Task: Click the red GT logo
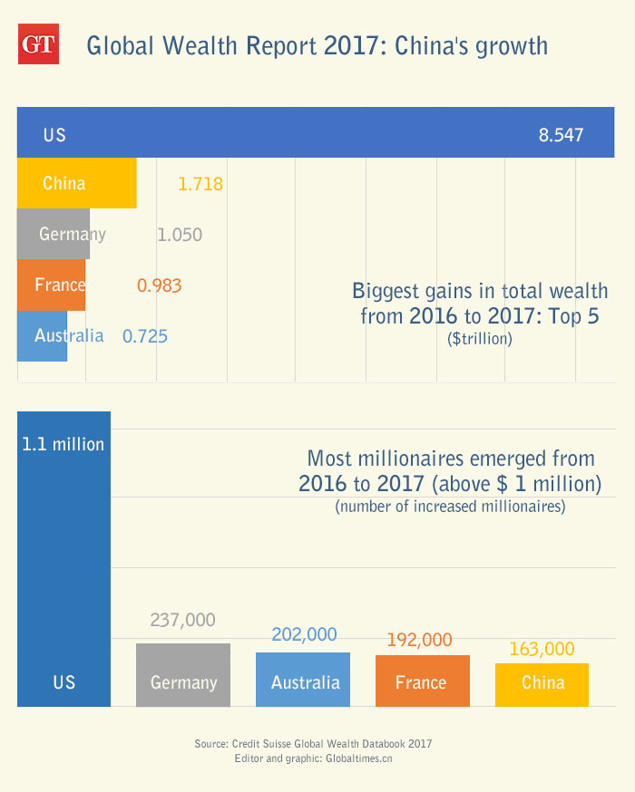pos(38,45)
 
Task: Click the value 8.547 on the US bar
pos(561,136)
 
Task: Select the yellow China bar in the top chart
pos(77,183)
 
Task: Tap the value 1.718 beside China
pos(200,184)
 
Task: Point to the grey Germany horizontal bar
pos(54,234)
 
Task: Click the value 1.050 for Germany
pos(180,236)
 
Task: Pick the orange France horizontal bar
pos(51,285)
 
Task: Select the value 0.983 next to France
pos(160,285)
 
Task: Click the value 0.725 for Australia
pos(145,336)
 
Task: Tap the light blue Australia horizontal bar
pos(42,336)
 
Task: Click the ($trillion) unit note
pos(480,339)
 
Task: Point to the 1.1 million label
pos(63,444)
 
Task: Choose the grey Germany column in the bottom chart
pos(183,675)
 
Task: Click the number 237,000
pos(183,620)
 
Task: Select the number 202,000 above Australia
pos(303,634)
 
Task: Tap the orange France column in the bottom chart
pos(422,681)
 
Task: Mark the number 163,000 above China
pos(542,649)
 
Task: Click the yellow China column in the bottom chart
pos(542,684)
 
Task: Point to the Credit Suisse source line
pos(313,743)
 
